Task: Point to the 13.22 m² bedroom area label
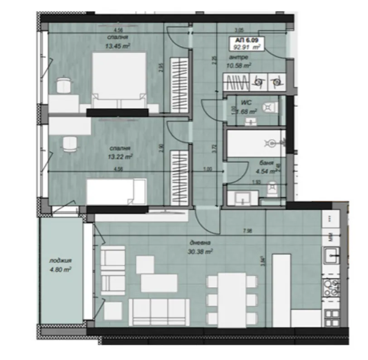click(120, 157)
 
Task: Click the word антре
click(238, 58)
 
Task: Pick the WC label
click(247, 103)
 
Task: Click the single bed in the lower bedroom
click(117, 191)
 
